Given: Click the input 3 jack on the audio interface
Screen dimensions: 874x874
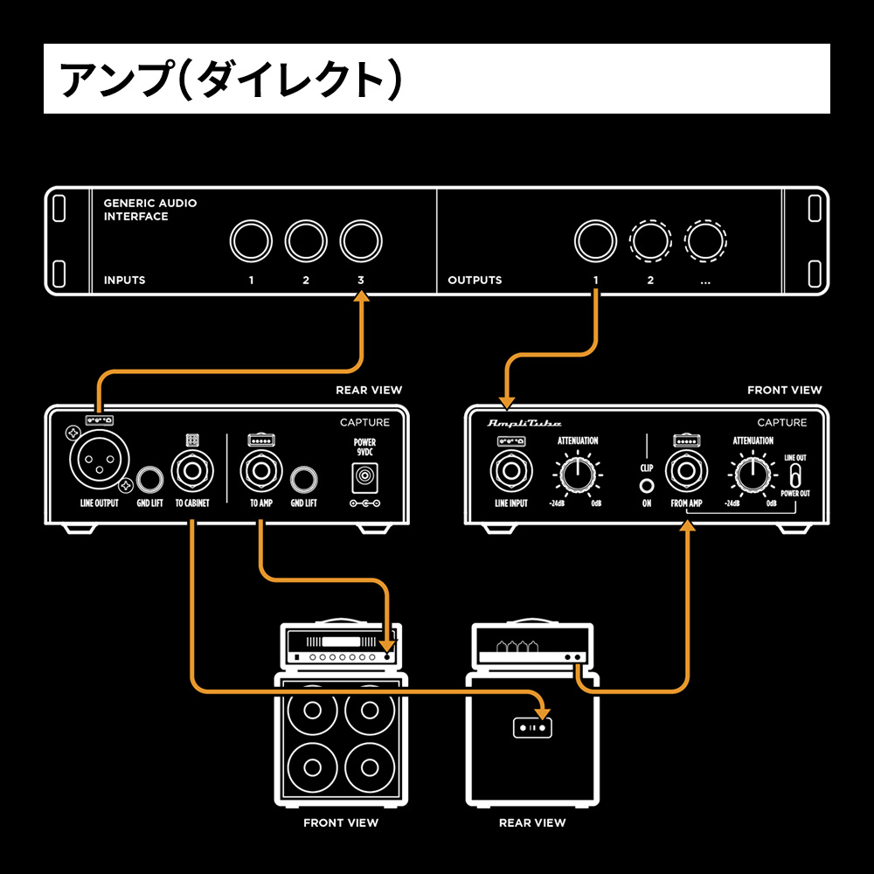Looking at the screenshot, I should click(x=361, y=239).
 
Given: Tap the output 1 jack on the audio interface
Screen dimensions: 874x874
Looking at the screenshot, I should click(x=595, y=239).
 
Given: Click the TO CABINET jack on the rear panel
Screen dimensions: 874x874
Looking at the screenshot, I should click(x=191, y=473).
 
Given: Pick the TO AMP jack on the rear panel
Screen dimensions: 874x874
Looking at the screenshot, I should click(x=260, y=473).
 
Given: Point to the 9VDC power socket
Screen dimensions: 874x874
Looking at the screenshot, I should click(x=364, y=477).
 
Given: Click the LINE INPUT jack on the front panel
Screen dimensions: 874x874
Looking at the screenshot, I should click(x=510, y=473).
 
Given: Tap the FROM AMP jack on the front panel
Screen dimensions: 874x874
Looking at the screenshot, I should click(x=686, y=473).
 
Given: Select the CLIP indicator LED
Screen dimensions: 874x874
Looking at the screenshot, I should click(x=647, y=486).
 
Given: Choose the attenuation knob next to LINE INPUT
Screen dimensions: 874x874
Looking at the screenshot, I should click(x=577, y=475).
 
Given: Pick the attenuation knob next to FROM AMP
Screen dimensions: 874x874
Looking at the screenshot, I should click(x=753, y=475).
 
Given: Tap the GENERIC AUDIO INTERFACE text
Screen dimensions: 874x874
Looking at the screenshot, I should click(x=149, y=210).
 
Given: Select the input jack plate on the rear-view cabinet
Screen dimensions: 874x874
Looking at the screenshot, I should click(x=532, y=726).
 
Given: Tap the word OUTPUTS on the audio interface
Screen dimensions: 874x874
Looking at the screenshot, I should click(x=475, y=281).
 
